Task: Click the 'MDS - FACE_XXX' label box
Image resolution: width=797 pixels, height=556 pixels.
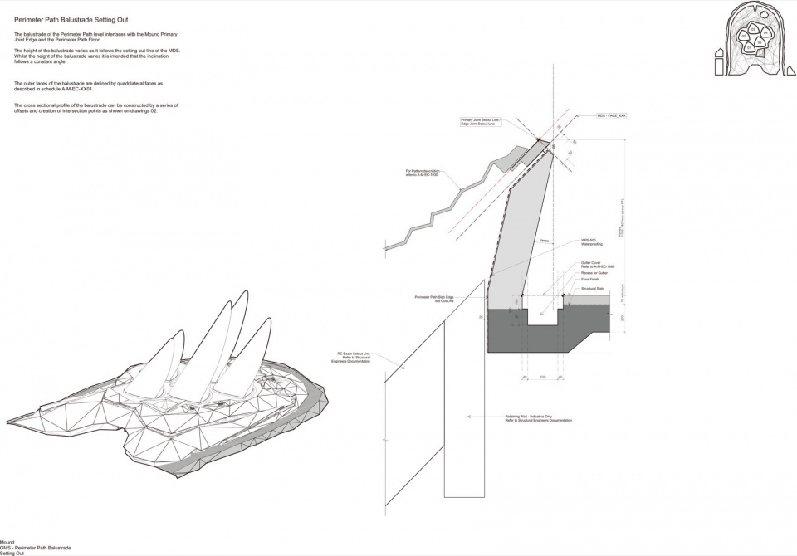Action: [x=611, y=116]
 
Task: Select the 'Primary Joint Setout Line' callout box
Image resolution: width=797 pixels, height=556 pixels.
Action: [x=482, y=122]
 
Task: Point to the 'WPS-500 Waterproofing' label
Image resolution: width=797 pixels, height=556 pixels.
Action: [x=590, y=243]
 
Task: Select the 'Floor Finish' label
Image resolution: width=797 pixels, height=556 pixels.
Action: [x=589, y=280]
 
